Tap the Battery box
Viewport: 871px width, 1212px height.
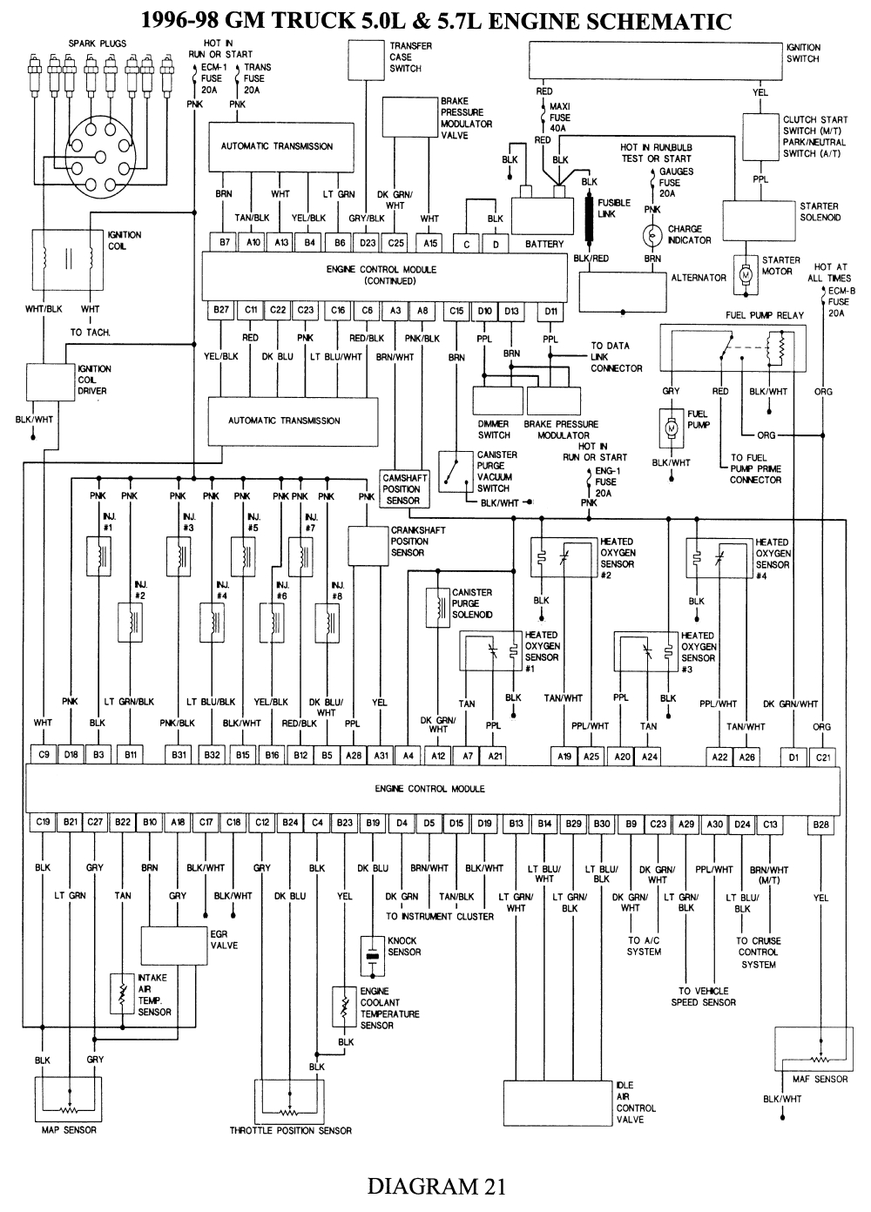tap(542, 214)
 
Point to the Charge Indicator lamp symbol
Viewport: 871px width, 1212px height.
tap(652, 235)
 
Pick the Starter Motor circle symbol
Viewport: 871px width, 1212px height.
tap(745, 274)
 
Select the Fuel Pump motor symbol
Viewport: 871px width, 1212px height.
tap(671, 428)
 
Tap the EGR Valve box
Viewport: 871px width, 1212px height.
tap(174, 946)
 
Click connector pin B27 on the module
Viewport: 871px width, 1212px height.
tap(221, 310)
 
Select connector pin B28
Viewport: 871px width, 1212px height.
tap(820, 823)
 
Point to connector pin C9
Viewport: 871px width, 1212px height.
tap(43, 755)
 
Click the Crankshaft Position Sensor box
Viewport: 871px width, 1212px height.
tap(368, 545)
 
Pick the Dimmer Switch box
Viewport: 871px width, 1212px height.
tap(496, 401)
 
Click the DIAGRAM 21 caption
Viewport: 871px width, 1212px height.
tap(435, 1186)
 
